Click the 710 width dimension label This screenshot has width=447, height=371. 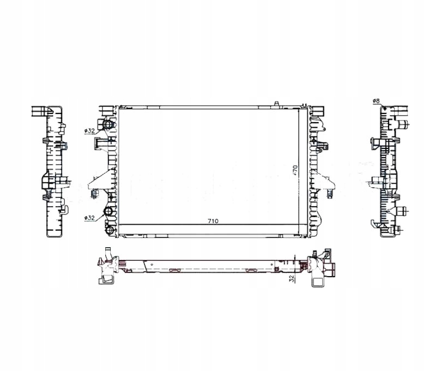(x=213, y=222)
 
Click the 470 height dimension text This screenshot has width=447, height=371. (x=294, y=169)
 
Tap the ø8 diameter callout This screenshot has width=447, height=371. (x=376, y=101)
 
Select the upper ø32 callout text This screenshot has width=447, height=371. (x=89, y=131)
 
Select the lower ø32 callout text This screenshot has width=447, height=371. (x=89, y=218)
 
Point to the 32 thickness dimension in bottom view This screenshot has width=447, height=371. (x=292, y=278)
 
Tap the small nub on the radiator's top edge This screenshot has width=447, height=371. (x=277, y=103)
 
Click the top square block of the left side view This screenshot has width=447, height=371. (x=39, y=111)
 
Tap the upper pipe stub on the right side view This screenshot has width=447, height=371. (x=404, y=125)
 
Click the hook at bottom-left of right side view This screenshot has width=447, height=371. (x=375, y=223)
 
